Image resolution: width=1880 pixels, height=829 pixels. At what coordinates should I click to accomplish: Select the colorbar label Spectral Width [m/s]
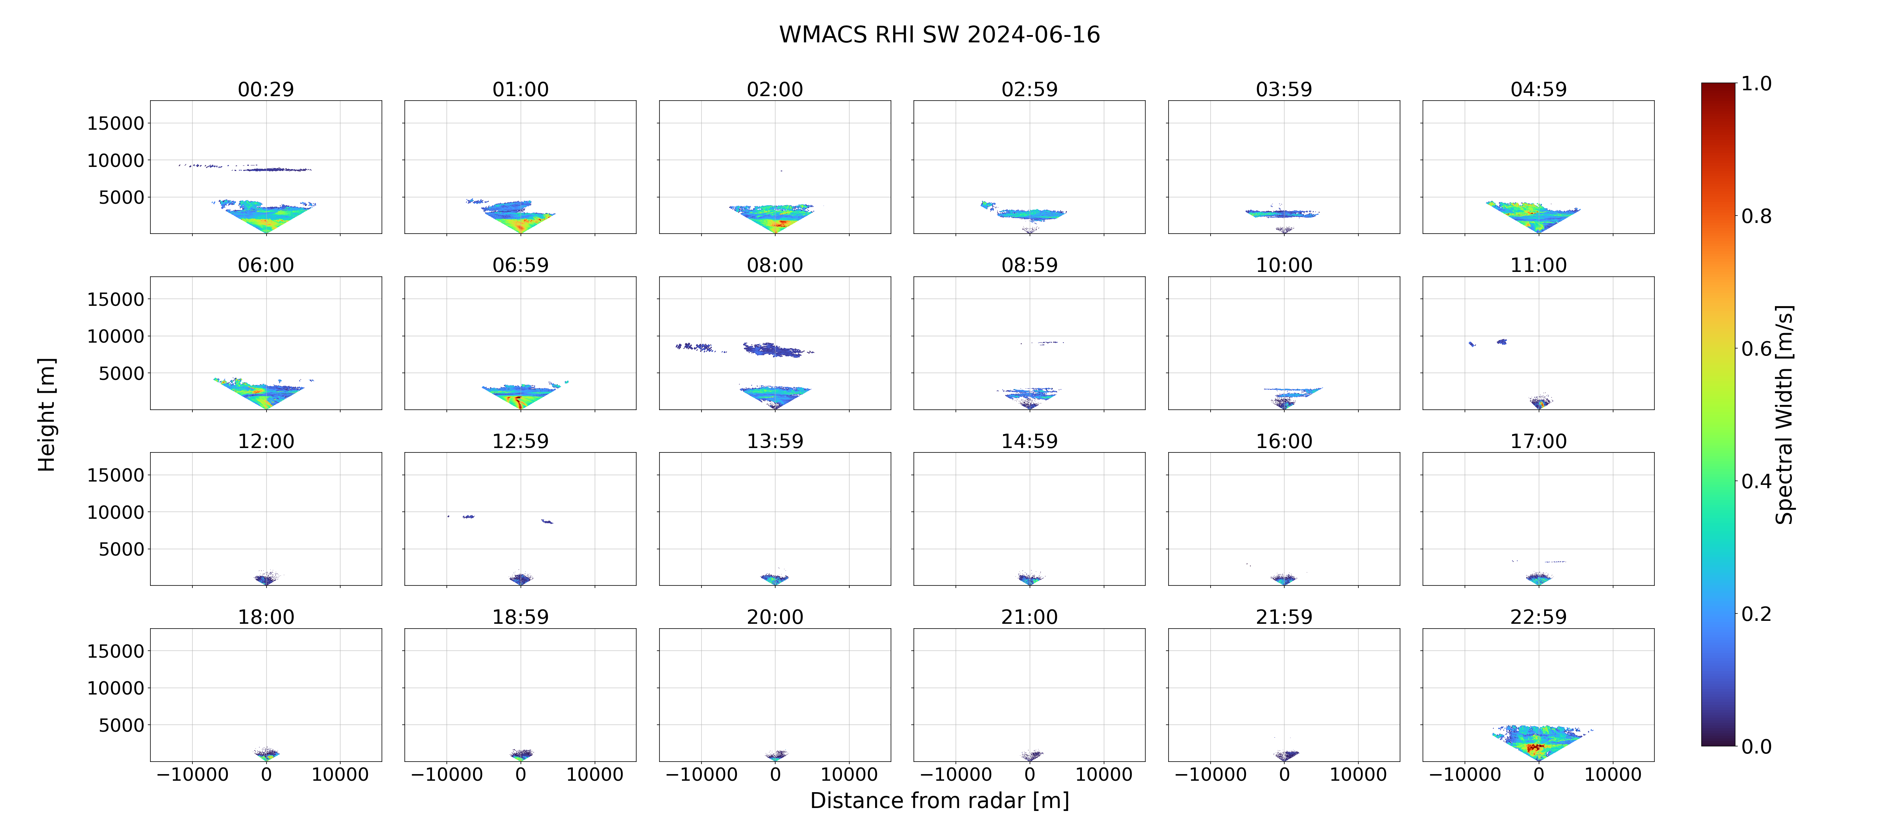tap(1784, 414)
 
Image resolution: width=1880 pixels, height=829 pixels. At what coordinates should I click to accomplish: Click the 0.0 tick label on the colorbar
tap(1756, 746)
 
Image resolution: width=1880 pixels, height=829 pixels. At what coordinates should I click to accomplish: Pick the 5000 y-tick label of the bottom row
tap(121, 725)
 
